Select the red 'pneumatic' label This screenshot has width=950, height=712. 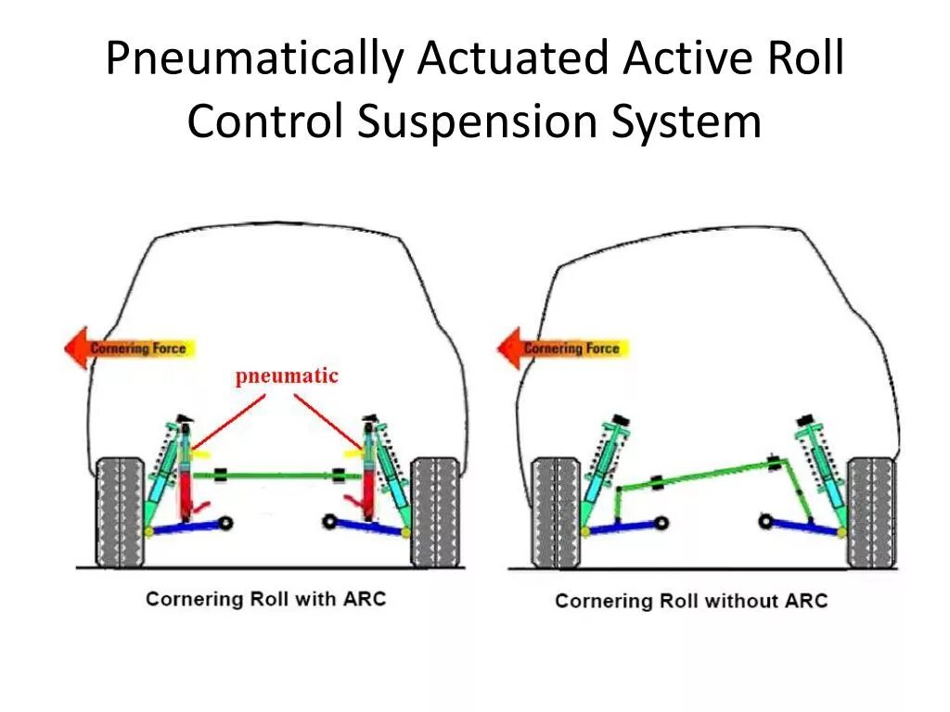pos(287,375)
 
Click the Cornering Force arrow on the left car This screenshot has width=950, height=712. pos(129,349)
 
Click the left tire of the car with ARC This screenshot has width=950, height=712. pos(121,512)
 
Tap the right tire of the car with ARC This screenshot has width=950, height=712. pos(435,512)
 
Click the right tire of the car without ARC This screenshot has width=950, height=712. pos(871,512)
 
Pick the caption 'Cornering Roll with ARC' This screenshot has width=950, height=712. pos(265,598)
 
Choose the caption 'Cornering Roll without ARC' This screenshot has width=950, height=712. pos(691,601)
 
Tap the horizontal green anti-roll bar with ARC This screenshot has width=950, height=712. pos(278,476)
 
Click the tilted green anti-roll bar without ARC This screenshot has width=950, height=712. pos(705,472)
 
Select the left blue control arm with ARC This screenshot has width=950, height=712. pos(186,528)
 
